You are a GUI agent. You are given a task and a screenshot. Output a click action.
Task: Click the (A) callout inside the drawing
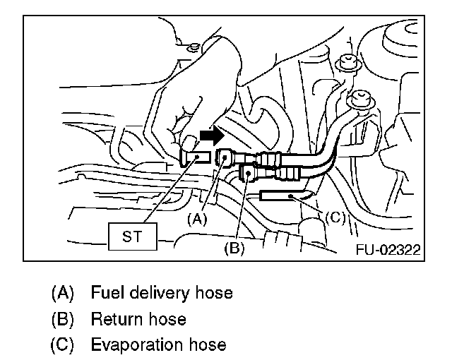198,219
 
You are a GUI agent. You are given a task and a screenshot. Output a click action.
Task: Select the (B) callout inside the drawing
234,248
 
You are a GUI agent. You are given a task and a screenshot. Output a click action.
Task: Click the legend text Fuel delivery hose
162,292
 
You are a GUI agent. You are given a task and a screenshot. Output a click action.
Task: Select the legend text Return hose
138,319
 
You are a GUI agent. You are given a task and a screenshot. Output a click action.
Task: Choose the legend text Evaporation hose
158,345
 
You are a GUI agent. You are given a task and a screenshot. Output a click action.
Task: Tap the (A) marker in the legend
62,292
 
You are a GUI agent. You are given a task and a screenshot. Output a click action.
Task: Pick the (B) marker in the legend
62,319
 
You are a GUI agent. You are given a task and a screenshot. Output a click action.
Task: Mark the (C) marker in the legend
62,345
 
